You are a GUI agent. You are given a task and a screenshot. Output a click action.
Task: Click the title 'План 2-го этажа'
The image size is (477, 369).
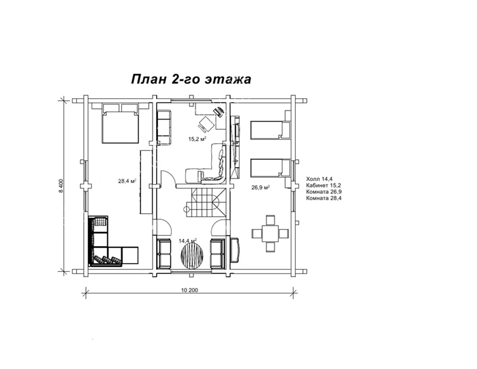pyautogui.click(x=191, y=79)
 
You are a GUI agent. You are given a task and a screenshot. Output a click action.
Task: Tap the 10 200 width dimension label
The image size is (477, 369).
pyautogui.click(x=190, y=290)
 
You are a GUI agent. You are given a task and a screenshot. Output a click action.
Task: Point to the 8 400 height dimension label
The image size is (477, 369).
pyautogui.click(x=61, y=186)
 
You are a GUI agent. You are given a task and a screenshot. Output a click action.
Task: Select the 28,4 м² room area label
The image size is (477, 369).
pyautogui.click(x=127, y=181)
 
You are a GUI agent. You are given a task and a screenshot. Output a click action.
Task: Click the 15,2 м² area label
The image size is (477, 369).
pyautogui.click(x=197, y=139)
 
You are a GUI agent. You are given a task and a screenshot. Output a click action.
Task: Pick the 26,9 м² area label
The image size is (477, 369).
pyautogui.click(x=261, y=188)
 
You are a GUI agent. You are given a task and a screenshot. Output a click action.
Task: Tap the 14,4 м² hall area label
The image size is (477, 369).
pyautogui.click(x=188, y=241)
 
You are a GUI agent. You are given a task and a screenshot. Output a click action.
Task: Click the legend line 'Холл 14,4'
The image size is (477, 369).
pyautogui.click(x=319, y=179)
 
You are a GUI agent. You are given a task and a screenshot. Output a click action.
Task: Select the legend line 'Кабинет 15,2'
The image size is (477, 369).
pyautogui.click(x=324, y=185)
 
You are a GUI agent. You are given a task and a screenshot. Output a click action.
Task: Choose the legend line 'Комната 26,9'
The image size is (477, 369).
pyautogui.click(x=324, y=192)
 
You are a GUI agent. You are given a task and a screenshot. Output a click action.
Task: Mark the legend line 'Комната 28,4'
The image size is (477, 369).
pyautogui.click(x=324, y=198)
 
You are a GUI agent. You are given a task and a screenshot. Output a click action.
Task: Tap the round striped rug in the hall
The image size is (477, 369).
pyautogui.click(x=192, y=256)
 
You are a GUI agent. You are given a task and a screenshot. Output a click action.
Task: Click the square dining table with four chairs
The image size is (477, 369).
pyautogui.click(x=270, y=233)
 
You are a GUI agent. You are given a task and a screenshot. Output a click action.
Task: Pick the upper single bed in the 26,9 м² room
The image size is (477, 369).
pyautogui.click(x=270, y=130)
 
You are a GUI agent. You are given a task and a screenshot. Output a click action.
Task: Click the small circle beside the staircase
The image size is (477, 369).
pyautogui.click(x=186, y=209)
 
